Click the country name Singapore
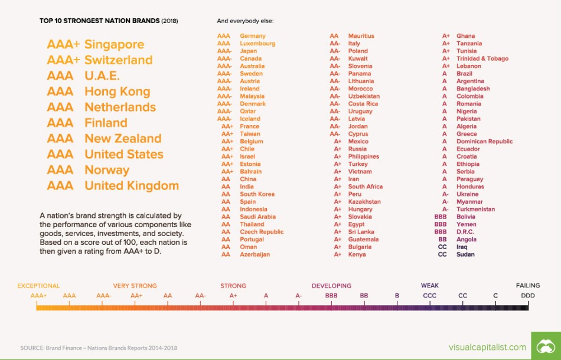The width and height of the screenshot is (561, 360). click(114, 44)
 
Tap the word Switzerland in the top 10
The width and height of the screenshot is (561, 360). click(118, 60)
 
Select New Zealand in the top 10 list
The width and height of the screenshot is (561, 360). click(123, 139)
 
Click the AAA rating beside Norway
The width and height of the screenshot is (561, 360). click(60, 170)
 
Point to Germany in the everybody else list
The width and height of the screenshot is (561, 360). click(253, 36)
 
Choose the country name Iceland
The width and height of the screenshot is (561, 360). click(250, 119)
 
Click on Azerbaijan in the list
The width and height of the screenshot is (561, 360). click(255, 254)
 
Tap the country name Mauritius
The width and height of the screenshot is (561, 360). click(361, 36)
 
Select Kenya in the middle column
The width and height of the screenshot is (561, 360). click(357, 254)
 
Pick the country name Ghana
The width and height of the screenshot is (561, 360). click(465, 36)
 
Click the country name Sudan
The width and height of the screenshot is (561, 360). click(465, 254)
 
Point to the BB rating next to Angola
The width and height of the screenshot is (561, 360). click(442, 240)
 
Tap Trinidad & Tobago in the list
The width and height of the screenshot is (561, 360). click(482, 58)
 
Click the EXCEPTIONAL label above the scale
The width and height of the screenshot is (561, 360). click(38, 286)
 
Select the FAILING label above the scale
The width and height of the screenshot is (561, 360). click(528, 286)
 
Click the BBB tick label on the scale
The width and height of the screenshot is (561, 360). click(331, 295)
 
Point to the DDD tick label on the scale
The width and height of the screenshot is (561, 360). click(528, 295)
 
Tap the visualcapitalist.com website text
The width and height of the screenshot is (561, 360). click(487, 347)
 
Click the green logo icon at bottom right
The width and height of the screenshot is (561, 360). click(546, 346)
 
